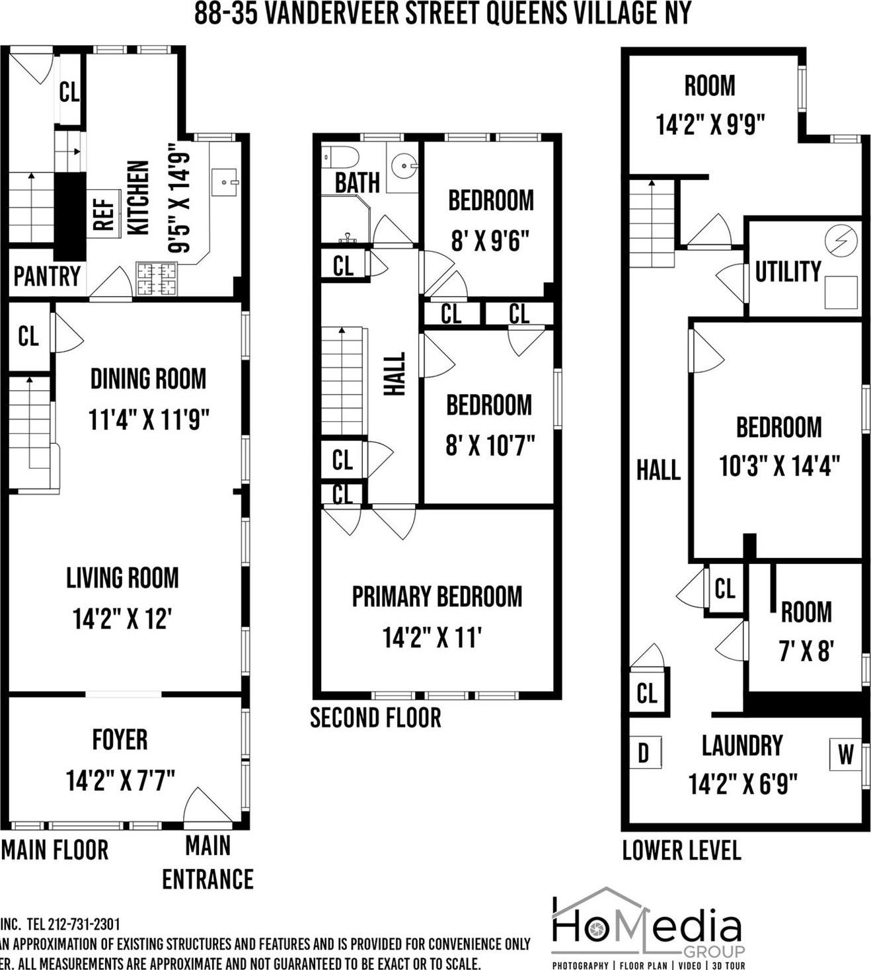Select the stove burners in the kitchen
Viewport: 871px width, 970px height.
point(157,278)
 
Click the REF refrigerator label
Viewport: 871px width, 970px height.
point(104,214)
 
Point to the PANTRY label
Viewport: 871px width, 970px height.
point(47,276)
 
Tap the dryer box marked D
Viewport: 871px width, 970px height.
point(644,753)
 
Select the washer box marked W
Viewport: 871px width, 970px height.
point(845,754)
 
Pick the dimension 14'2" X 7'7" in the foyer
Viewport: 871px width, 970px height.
point(120,780)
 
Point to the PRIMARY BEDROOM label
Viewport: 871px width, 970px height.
point(437,596)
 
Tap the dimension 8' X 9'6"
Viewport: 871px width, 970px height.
point(490,241)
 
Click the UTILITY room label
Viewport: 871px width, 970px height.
point(788,272)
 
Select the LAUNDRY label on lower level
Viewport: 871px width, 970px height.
point(741,745)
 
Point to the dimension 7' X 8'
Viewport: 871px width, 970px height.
point(806,652)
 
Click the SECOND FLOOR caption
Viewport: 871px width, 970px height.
point(375,718)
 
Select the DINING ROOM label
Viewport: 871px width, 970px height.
point(148,379)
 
